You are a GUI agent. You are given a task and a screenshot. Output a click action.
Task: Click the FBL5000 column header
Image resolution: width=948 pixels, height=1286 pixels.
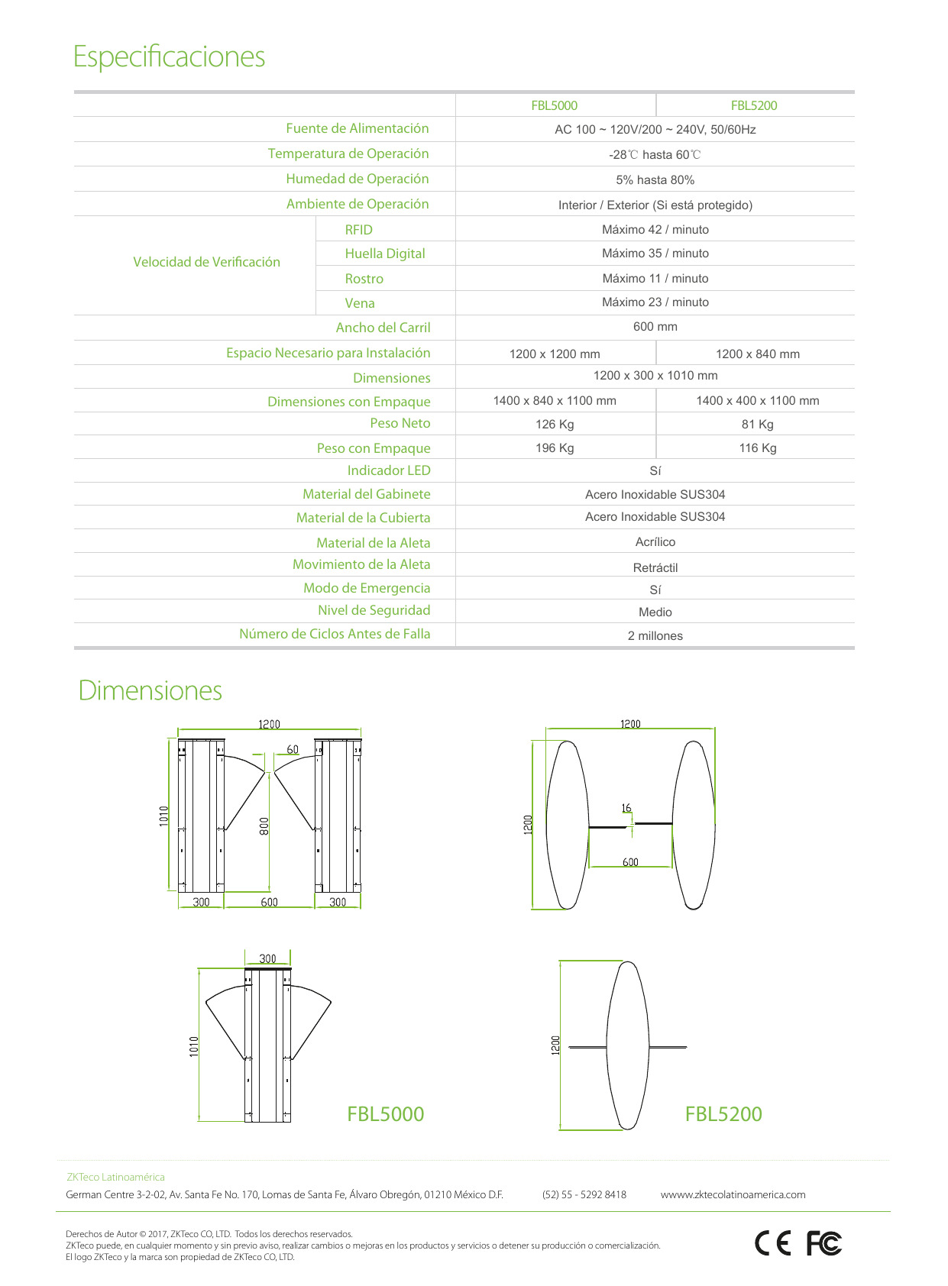point(554,105)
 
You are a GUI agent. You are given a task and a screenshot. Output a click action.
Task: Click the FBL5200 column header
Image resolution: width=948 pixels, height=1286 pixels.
point(754,105)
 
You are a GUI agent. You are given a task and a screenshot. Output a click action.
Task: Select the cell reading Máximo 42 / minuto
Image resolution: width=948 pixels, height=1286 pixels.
point(655,229)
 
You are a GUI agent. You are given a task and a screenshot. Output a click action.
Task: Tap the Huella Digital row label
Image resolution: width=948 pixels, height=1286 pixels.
point(384,254)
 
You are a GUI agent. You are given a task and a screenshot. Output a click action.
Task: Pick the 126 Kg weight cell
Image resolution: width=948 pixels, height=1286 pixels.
point(555,424)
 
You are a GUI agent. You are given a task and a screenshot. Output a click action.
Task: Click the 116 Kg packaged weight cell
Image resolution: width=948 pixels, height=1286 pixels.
point(757,448)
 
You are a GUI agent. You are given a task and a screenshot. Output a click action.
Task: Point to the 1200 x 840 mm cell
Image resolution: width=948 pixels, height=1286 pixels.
point(757,354)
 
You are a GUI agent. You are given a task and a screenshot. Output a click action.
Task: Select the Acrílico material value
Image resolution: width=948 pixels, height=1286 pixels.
point(655,541)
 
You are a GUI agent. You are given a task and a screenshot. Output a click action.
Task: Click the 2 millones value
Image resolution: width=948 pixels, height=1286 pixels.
point(655,635)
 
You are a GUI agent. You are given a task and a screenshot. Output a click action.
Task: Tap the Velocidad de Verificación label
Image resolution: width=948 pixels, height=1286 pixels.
point(206,262)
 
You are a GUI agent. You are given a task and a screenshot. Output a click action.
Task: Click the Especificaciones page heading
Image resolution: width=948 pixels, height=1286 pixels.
point(169,57)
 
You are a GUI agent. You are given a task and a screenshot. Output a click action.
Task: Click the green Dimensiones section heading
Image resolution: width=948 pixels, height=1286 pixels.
point(150,690)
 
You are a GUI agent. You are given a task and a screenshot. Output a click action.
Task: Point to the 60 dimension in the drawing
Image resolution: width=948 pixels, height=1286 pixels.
point(293,749)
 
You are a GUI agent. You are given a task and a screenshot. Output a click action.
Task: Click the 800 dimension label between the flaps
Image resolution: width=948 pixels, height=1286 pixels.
point(264,826)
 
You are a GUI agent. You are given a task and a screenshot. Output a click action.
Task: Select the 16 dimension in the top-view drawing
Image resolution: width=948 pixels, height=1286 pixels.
point(626,807)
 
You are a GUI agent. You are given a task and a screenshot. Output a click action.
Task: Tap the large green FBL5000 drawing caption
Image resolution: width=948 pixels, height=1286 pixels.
point(385,1113)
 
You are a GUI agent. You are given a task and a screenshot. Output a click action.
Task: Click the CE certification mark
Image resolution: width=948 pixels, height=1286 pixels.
point(773,1244)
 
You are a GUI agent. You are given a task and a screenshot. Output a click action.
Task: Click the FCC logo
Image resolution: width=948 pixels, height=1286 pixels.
point(823,1244)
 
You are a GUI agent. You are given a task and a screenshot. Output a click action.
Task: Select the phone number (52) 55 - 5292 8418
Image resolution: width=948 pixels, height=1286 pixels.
point(584,1194)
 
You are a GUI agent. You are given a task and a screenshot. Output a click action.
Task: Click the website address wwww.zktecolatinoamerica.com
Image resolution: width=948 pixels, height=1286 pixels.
point(733,1194)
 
